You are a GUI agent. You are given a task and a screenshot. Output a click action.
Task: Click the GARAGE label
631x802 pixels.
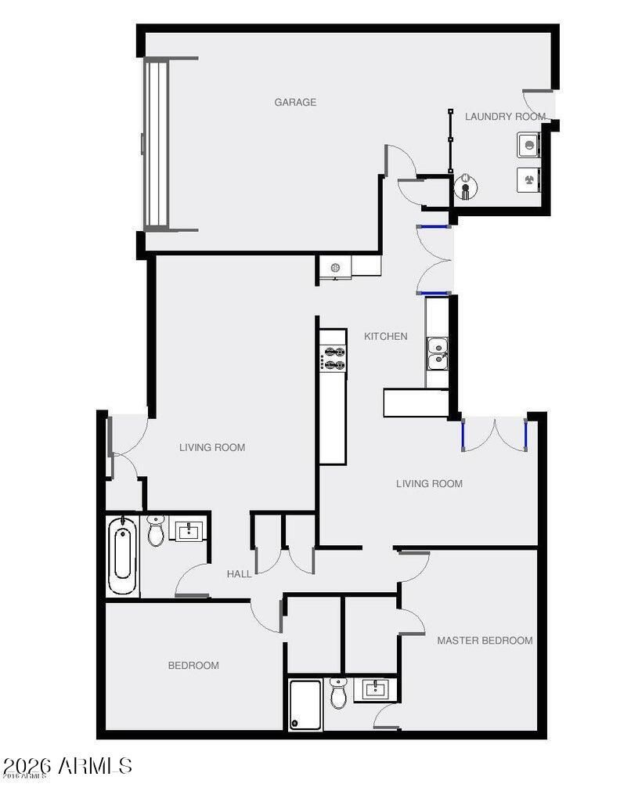(x=295, y=103)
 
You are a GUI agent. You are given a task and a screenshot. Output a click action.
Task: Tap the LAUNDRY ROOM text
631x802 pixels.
(x=505, y=117)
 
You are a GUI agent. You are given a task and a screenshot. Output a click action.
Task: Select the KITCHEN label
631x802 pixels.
(x=385, y=337)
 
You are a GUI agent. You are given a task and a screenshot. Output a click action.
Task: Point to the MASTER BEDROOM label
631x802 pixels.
(x=485, y=641)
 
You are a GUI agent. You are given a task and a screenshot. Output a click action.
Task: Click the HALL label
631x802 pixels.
(x=239, y=574)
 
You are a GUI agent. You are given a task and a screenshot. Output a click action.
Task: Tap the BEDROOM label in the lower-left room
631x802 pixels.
(x=193, y=666)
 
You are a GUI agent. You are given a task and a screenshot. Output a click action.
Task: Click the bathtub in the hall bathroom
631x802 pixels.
(x=122, y=556)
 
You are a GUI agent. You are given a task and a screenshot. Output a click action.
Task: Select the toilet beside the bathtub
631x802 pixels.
(x=156, y=531)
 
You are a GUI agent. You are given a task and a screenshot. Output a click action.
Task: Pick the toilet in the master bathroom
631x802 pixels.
(x=338, y=693)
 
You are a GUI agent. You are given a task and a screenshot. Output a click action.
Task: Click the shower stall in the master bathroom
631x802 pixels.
(x=305, y=705)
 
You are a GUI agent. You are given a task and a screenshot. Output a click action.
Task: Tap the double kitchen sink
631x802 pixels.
(x=437, y=353)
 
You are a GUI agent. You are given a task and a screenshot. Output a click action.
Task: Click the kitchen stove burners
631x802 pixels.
(x=333, y=358)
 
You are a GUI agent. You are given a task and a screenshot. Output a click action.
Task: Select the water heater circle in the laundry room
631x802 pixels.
(x=466, y=187)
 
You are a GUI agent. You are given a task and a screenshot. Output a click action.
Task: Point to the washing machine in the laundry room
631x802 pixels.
(x=528, y=145)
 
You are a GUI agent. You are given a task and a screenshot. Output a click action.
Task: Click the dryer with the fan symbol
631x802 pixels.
(x=528, y=180)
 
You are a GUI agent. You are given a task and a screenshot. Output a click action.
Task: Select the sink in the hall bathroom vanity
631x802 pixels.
(x=189, y=530)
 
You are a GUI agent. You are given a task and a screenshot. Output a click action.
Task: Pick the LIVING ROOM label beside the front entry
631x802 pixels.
(x=212, y=447)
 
